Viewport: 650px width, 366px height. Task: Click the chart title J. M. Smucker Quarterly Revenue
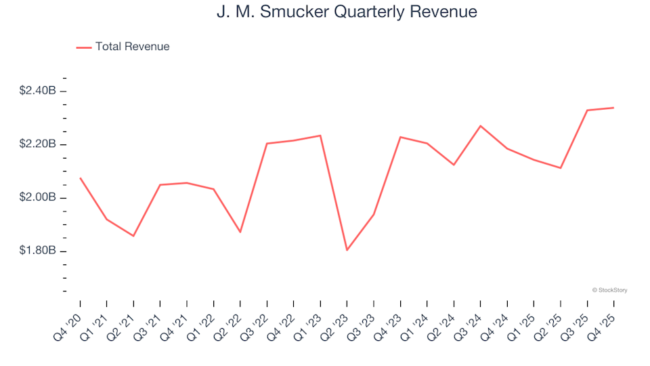pyautogui.click(x=347, y=12)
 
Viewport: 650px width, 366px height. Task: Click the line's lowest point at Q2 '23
pyautogui.click(x=347, y=250)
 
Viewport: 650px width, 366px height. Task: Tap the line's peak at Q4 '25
pyautogui.click(x=613, y=108)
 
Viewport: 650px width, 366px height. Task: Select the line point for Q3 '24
pyautogui.click(x=481, y=126)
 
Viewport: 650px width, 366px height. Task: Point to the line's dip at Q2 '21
pyautogui.click(x=133, y=236)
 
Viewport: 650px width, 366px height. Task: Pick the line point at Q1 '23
pyautogui.click(x=320, y=136)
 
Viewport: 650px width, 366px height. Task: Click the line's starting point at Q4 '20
pyautogui.click(x=81, y=178)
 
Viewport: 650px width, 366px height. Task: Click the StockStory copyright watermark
pyautogui.click(x=609, y=290)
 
